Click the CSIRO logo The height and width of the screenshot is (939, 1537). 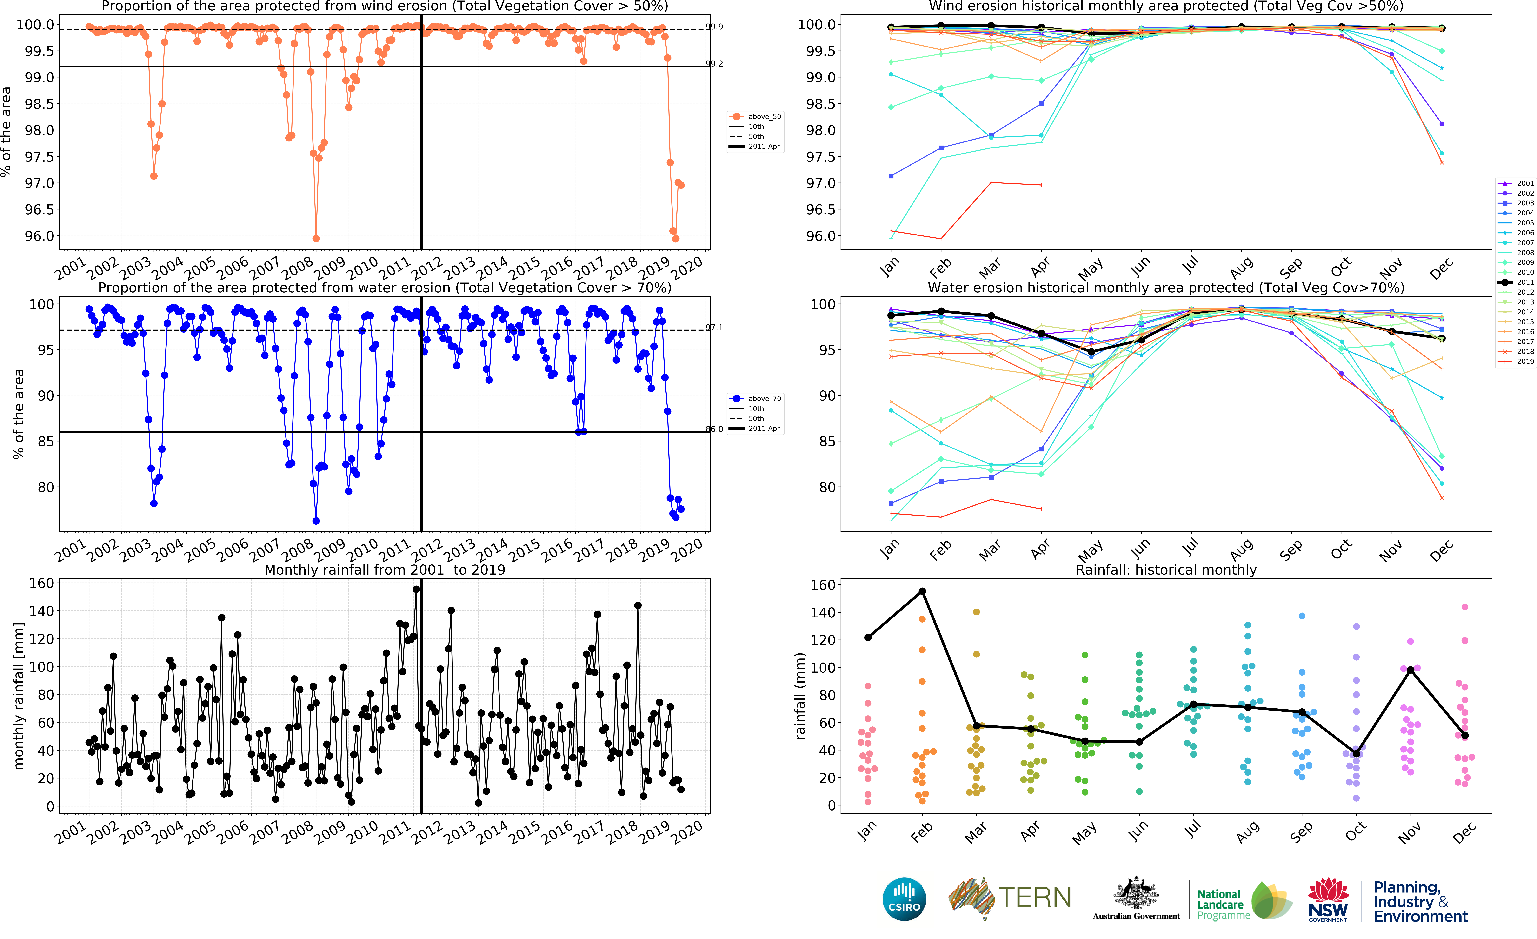[904, 899]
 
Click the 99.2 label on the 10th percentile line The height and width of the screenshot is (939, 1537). [714, 64]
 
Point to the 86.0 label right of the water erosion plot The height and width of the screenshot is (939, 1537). [714, 429]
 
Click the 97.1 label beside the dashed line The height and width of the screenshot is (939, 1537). [714, 328]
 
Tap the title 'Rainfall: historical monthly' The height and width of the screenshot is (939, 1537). [1166, 570]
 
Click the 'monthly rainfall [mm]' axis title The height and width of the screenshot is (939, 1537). [19, 696]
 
